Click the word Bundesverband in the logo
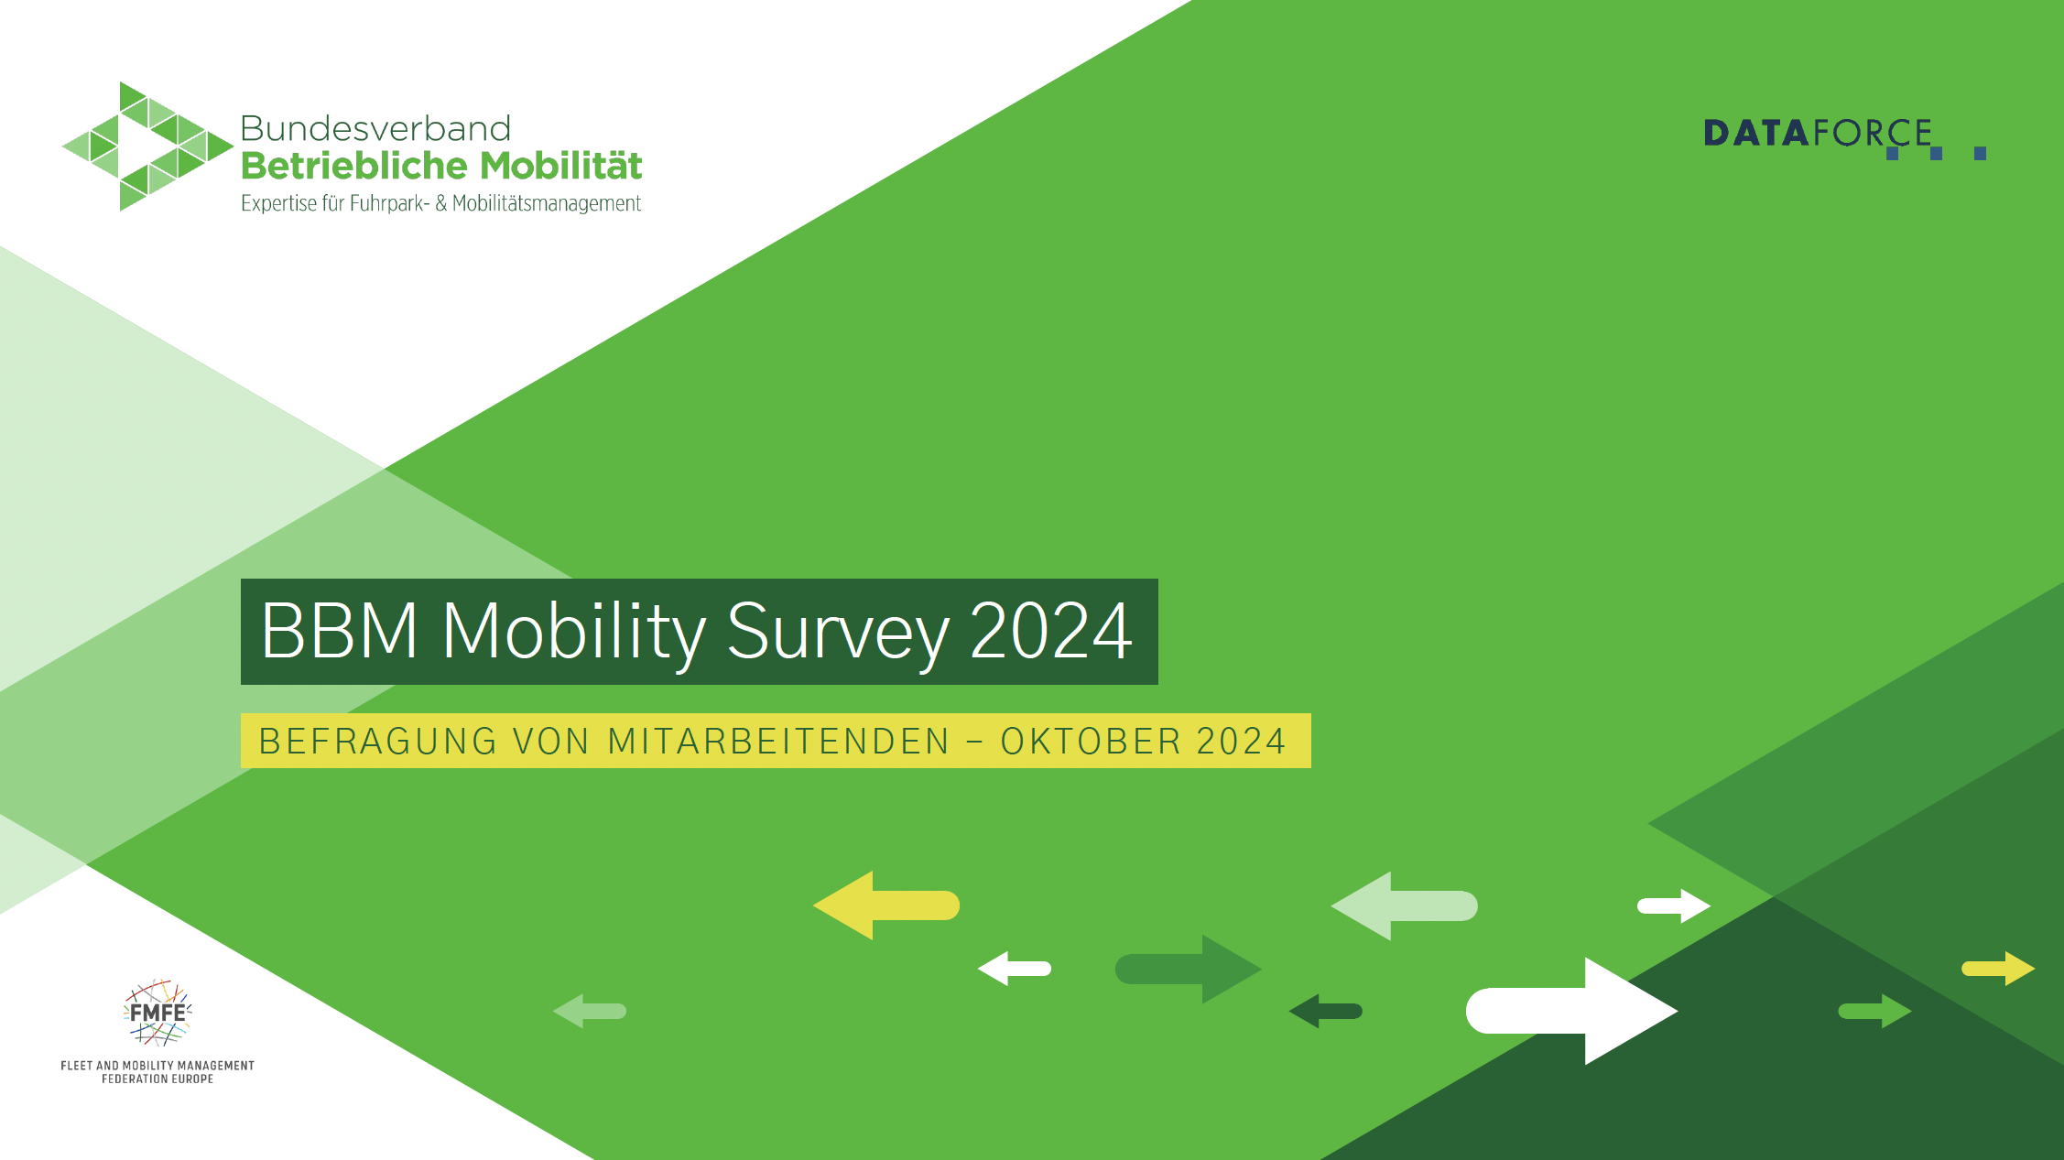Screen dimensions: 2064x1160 [x=375, y=129]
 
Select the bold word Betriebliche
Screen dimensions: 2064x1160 [x=354, y=166]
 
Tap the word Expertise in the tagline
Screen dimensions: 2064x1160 [x=279, y=203]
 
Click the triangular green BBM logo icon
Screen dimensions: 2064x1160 [x=147, y=146]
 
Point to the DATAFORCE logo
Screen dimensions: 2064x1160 [x=1844, y=137]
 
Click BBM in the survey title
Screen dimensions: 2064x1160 [x=340, y=631]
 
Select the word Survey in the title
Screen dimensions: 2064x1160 [x=838, y=634]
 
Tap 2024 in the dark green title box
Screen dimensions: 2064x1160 [x=1051, y=631]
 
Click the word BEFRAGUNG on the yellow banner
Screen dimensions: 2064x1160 [x=378, y=742]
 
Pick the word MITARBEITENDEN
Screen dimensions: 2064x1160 [x=779, y=742]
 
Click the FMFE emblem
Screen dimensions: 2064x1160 [x=158, y=1013]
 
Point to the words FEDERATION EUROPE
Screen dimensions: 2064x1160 [x=158, y=1079]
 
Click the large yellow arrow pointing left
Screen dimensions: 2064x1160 [x=886, y=905]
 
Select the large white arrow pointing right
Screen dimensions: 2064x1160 [x=1572, y=1011]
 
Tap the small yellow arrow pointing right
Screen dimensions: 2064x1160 [x=1998, y=969]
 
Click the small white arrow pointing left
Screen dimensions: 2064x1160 [x=1015, y=969]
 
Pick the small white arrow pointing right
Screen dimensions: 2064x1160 [x=1674, y=906]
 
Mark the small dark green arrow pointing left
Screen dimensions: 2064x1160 [x=1326, y=1012]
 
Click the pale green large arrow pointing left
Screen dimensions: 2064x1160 [x=1405, y=905]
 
